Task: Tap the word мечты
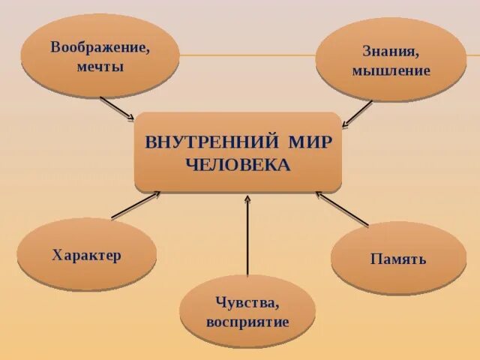click(x=100, y=66)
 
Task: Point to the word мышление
click(x=391, y=71)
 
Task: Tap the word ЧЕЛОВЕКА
click(x=237, y=165)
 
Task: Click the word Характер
click(x=86, y=255)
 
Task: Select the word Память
click(x=398, y=259)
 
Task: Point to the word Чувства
click(x=247, y=302)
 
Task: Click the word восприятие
click(x=247, y=322)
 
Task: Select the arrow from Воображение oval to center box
click(x=117, y=108)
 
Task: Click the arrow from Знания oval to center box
click(x=358, y=113)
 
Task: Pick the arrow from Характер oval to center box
click(x=136, y=205)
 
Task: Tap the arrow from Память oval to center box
click(x=342, y=208)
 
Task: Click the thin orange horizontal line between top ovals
click(x=247, y=55)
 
